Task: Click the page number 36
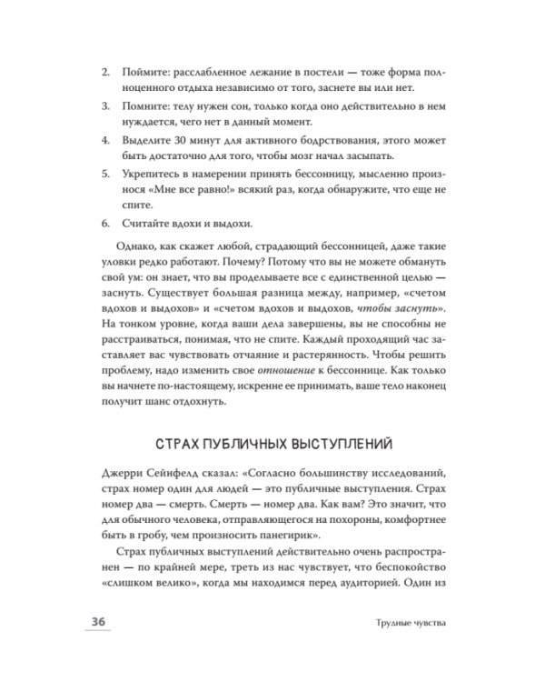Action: [x=95, y=621]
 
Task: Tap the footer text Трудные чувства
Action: [x=410, y=623]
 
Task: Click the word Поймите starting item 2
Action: [x=145, y=69]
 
